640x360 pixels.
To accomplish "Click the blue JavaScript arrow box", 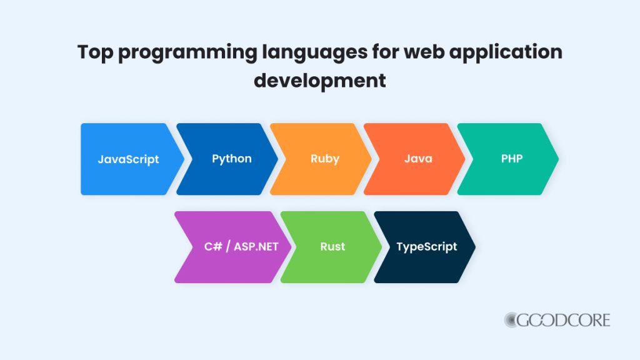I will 129,159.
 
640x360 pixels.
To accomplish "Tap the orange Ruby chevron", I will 324,159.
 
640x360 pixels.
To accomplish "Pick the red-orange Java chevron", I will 418,159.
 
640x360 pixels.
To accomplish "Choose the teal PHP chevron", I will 511,159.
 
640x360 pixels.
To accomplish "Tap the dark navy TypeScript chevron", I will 427,246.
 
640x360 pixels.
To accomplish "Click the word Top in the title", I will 96,52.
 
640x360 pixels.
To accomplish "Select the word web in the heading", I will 427,52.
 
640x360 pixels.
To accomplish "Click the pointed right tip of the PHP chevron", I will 557,159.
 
